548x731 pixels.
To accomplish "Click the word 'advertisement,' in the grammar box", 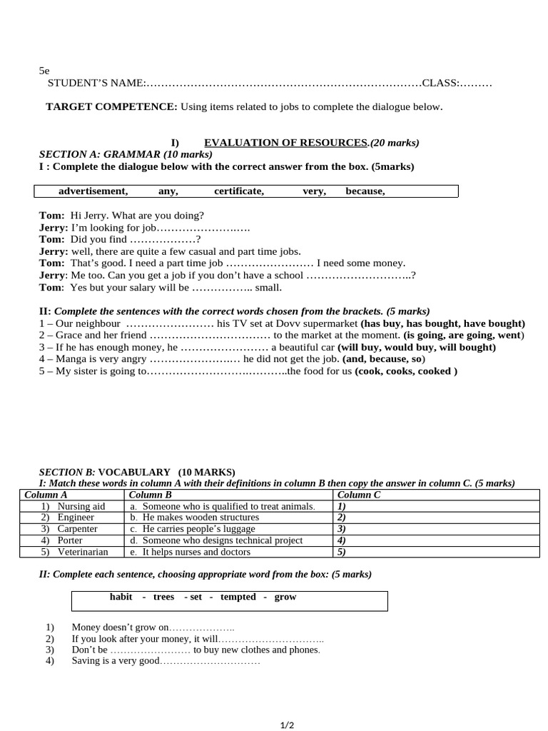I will click(x=93, y=191).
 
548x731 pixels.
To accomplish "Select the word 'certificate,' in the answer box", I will click(x=239, y=191).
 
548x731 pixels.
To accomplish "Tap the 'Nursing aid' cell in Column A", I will click(x=81, y=506).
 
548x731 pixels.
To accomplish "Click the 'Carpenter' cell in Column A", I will click(x=77, y=529).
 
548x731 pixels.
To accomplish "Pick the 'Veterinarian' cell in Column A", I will click(x=83, y=552).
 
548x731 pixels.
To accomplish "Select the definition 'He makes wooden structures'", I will click(x=201, y=518).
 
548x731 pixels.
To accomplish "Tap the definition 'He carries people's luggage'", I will click(x=198, y=529).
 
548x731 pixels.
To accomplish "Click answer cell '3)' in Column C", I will click(x=342, y=529).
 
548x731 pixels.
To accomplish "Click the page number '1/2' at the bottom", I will click(x=287, y=725).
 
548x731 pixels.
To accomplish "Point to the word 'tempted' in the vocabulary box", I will click(x=238, y=597).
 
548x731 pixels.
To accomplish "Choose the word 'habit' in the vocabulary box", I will click(x=121, y=597).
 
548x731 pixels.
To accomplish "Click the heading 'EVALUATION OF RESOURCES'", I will click(x=285, y=143).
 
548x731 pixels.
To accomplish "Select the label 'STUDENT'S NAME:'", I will click(x=96, y=84).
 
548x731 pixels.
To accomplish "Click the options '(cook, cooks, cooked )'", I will click(x=406, y=371).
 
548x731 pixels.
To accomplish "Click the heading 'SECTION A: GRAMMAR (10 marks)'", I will click(x=126, y=154).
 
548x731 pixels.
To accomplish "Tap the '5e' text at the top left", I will click(x=44, y=71).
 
